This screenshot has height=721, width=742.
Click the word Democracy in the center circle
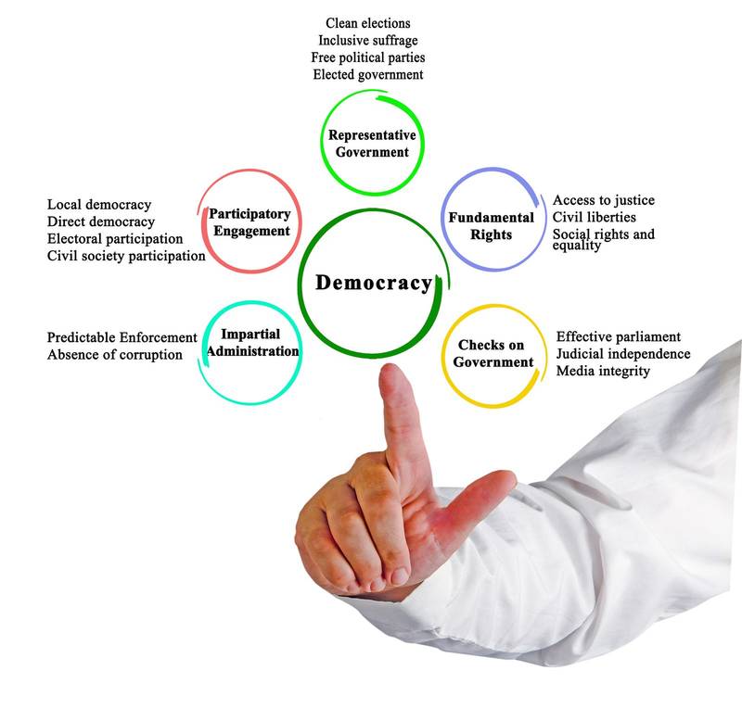tap(374, 283)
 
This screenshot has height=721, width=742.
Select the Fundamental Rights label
tap(492, 226)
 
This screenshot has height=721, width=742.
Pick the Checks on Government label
tap(494, 354)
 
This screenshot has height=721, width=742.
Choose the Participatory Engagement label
tap(249, 222)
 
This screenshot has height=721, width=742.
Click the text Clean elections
tap(368, 22)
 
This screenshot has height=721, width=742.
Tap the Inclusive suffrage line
tap(367, 40)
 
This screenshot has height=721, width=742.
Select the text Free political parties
tap(367, 57)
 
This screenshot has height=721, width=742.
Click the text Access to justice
tap(603, 200)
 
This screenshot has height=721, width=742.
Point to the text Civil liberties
tap(595, 218)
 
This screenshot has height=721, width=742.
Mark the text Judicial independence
tap(622, 354)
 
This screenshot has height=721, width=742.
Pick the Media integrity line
tap(603, 372)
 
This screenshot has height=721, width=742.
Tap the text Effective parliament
tap(618, 336)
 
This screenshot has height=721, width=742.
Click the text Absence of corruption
tap(114, 355)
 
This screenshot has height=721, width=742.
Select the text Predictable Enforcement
tap(122, 337)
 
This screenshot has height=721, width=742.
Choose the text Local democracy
tap(98, 204)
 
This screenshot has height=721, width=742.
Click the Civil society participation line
tap(125, 257)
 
